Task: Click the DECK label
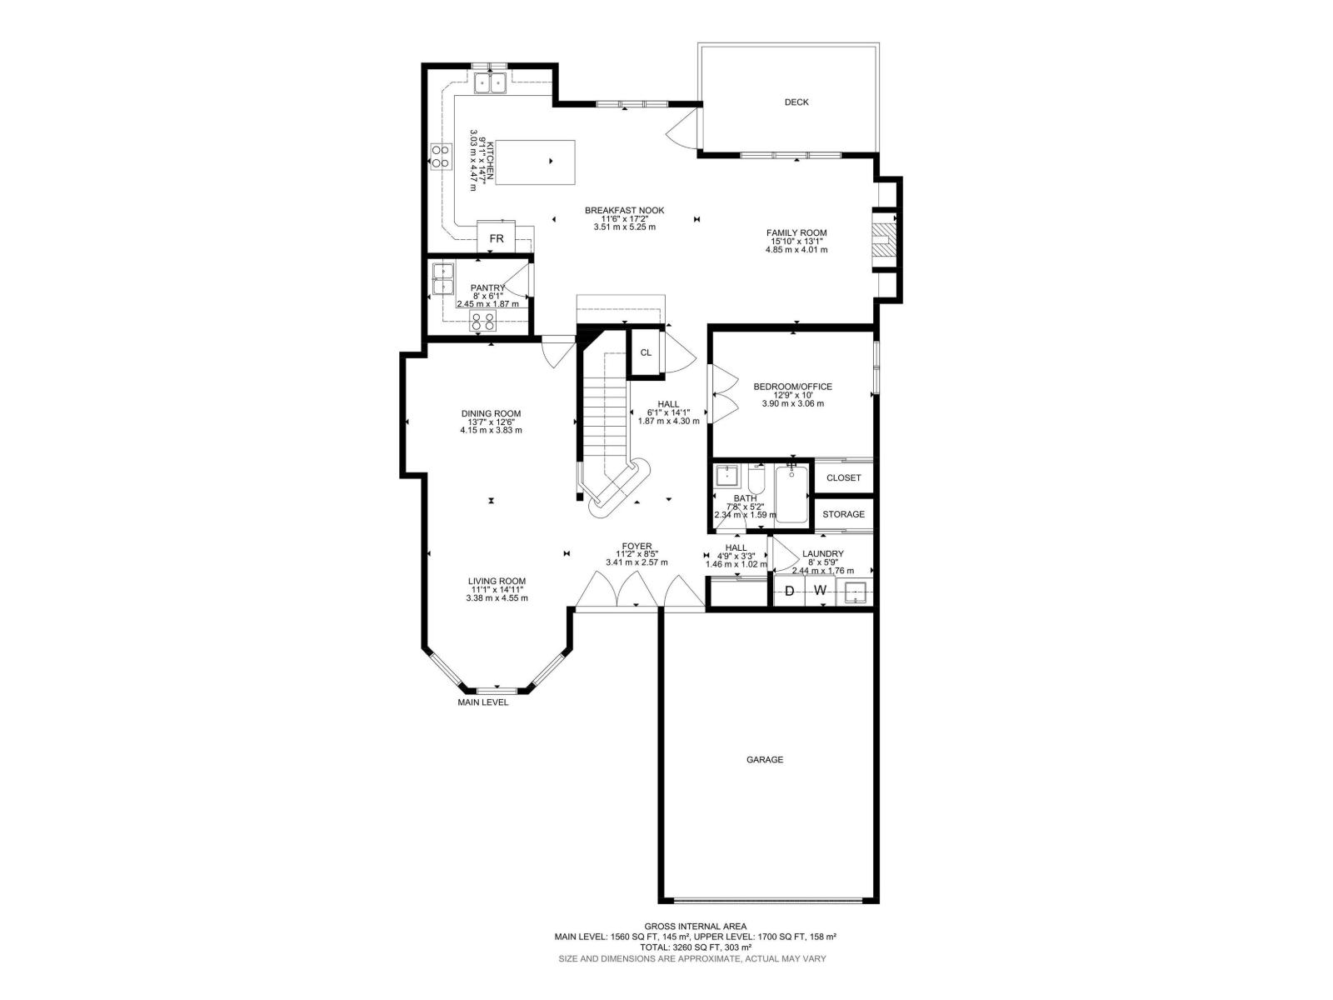(796, 102)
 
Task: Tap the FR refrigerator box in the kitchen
(497, 238)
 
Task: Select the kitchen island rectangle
(535, 162)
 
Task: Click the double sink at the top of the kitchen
(491, 83)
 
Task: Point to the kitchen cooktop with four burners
(440, 155)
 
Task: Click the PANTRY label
(487, 287)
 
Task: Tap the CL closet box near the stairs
(646, 352)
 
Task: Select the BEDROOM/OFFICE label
(792, 387)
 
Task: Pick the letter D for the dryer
(789, 591)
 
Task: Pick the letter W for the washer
(820, 591)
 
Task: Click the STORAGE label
(843, 514)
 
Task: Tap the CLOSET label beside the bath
(843, 478)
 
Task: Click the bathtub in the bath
(791, 495)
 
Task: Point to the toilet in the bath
(756, 480)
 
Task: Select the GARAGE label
(764, 760)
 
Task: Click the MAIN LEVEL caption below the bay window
(482, 702)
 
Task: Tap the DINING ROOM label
(491, 413)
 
